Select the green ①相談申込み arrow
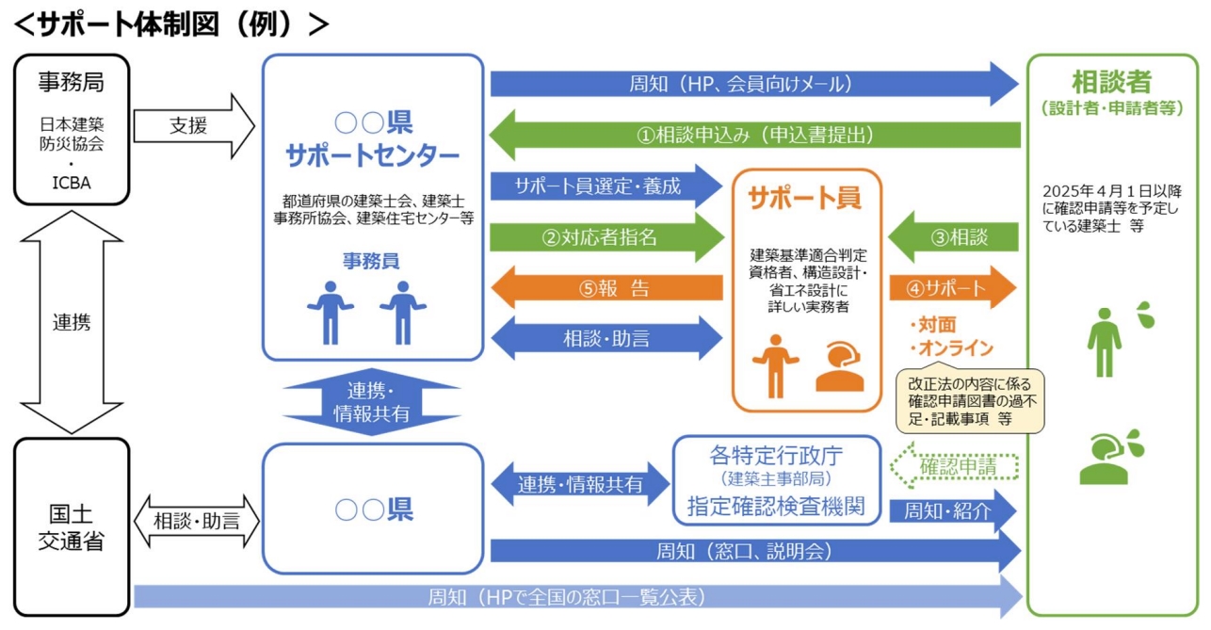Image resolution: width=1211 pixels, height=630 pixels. click(753, 134)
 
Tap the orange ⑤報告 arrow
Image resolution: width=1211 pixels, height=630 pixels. click(612, 288)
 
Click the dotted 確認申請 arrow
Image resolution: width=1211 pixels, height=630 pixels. click(955, 465)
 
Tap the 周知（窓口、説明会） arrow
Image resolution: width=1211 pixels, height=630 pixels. click(753, 551)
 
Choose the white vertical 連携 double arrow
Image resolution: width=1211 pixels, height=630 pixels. click(72, 321)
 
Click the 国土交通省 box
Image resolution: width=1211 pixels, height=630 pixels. click(72, 527)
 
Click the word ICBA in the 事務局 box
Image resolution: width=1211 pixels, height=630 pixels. click(72, 183)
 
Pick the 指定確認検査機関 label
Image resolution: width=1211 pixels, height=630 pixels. click(778, 506)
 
